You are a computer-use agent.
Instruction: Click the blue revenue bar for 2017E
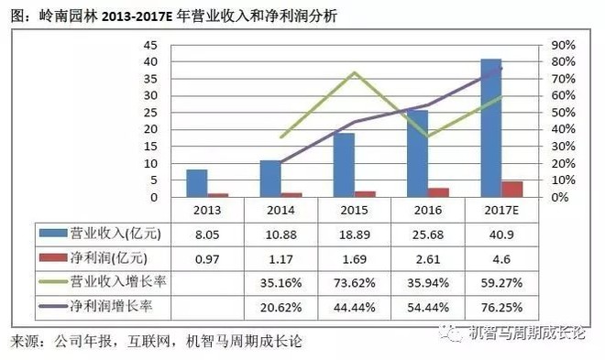[x=490, y=128]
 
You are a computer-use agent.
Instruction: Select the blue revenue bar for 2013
[x=197, y=183]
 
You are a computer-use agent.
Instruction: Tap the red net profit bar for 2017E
[x=512, y=190]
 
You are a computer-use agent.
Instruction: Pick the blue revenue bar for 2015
[x=344, y=166]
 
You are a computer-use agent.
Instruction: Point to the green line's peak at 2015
[x=354, y=72]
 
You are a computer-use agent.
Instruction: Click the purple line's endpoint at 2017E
[x=500, y=68]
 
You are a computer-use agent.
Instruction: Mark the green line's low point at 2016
[x=427, y=136]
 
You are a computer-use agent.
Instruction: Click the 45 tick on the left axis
[x=150, y=45]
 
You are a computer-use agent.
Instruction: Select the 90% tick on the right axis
[x=563, y=45]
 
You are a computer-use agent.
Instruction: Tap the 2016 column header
[x=428, y=210]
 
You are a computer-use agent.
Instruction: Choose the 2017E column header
[x=501, y=210]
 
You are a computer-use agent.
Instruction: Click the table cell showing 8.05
[x=207, y=235]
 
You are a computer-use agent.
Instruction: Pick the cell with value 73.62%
[x=354, y=283]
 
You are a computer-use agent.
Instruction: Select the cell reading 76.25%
[x=501, y=308]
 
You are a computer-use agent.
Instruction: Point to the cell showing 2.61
[x=428, y=259]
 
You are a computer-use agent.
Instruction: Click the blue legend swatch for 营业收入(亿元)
[x=53, y=234]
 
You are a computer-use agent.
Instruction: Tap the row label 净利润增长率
[x=111, y=307]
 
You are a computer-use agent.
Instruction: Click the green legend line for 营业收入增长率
[x=53, y=282]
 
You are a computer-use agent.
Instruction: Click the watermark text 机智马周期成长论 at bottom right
[x=527, y=333]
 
